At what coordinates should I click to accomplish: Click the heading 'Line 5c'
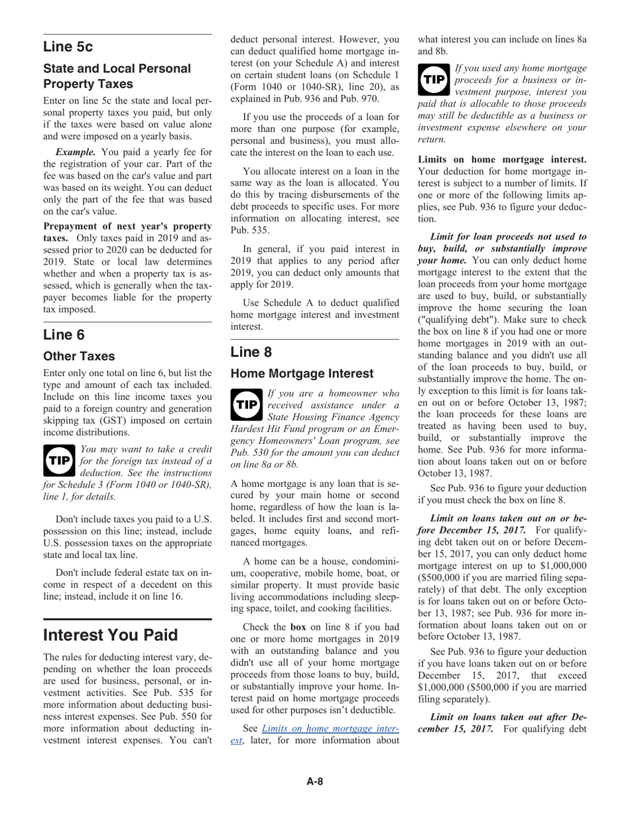pyautogui.click(x=68, y=46)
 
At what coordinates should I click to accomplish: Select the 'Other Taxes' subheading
pyautogui.click(x=79, y=356)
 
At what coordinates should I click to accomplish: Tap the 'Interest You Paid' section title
pyautogui.click(x=110, y=635)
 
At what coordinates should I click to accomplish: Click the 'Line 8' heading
pyautogui.click(x=251, y=352)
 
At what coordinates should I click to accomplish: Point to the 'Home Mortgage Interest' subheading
pyautogui.click(x=302, y=374)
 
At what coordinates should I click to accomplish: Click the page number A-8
pyautogui.click(x=314, y=782)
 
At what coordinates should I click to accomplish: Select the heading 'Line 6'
pyautogui.click(x=64, y=334)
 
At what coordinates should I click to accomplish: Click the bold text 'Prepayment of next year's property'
pyautogui.click(x=127, y=226)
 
